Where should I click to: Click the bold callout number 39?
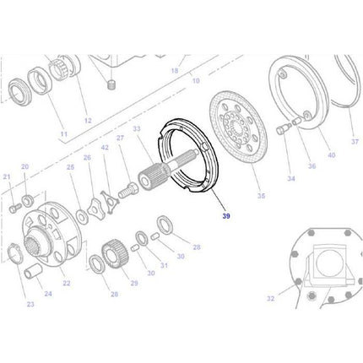tap(225, 217)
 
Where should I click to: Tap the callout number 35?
tap(261, 196)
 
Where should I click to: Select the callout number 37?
tap(355, 141)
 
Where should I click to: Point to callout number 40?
tap(331, 154)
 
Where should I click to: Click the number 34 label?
tap(291, 179)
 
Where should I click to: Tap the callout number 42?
tap(105, 148)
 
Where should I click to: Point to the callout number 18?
tap(174, 72)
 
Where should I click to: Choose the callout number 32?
tap(270, 298)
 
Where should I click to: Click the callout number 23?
tap(30, 304)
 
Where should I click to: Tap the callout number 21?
tap(7, 176)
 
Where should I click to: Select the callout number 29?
tap(133, 283)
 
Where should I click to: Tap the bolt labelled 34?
tap(280, 154)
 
